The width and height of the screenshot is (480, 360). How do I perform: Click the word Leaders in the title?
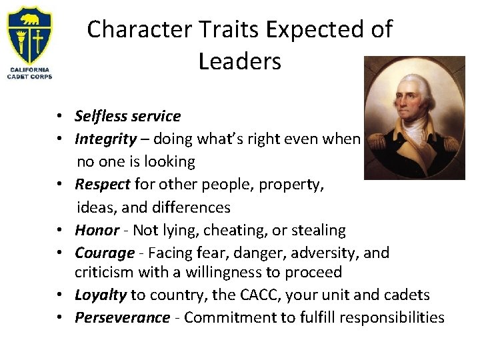click(x=240, y=61)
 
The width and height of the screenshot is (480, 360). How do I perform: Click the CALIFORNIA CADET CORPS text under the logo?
click(x=29, y=73)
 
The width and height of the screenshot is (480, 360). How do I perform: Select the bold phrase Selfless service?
click(x=127, y=116)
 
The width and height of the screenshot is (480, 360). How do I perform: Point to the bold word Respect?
click(x=103, y=185)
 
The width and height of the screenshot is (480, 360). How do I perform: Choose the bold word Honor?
click(x=97, y=230)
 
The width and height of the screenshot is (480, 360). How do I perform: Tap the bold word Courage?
click(x=105, y=253)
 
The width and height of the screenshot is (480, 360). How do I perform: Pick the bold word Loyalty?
click(x=101, y=295)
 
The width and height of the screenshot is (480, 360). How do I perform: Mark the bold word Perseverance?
click(x=122, y=317)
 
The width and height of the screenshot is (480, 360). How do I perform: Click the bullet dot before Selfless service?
click(x=60, y=117)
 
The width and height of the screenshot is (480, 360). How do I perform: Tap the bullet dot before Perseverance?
click(x=60, y=318)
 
